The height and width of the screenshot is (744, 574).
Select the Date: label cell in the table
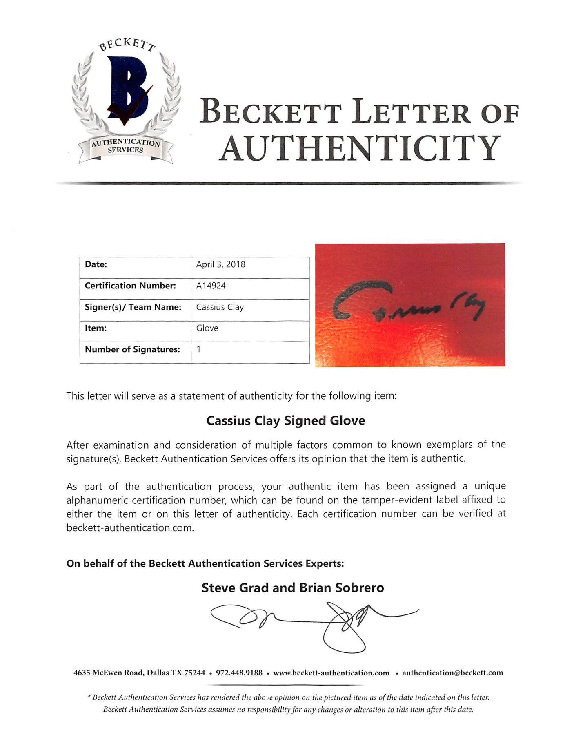pyautogui.click(x=96, y=264)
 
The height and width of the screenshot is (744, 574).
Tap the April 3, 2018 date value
pyautogui.click(x=220, y=264)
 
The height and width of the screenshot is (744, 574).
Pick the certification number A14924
pyautogui.click(x=211, y=286)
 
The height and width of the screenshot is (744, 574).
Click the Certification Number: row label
pyautogui.click(x=130, y=286)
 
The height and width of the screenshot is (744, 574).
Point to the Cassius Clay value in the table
pyautogui.click(x=220, y=307)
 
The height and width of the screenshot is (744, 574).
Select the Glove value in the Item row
pyautogui.click(x=207, y=328)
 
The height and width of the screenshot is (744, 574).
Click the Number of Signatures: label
pyautogui.click(x=132, y=349)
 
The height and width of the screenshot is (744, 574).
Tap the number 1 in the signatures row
pyautogui.click(x=199, y=349)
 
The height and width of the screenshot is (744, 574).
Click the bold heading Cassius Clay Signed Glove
pyautogui.click(x=285, y=420)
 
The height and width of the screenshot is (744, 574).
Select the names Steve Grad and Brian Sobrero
pyautogui.click(x=293, y=588)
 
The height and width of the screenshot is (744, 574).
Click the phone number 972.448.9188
pyautogui.click(x=239, y=673)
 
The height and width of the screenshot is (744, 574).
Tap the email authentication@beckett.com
pyautogui.click(x=452, y=673)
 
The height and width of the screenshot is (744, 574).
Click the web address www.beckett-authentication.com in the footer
pyautogui.click(x=331, y=673)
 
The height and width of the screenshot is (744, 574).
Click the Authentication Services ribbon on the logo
pyautogui.click(x=126, y=146)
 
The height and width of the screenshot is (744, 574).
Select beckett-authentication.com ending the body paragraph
pyautogui.click(x=129, y=527)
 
